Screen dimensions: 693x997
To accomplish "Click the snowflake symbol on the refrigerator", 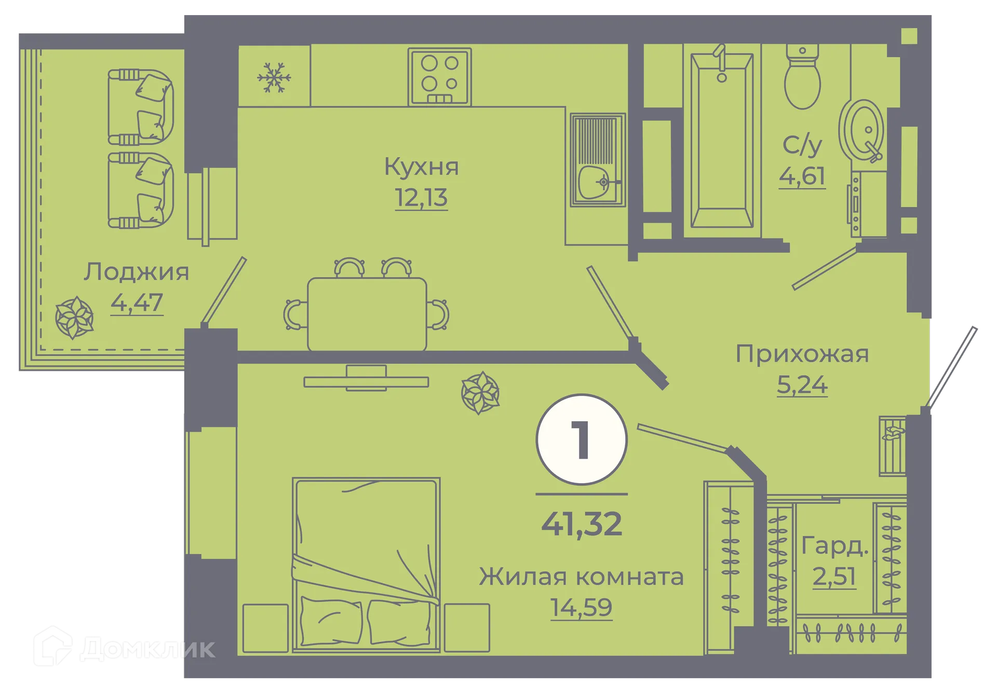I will tap(274, 78).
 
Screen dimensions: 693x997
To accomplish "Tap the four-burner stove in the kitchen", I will tap(439, 76).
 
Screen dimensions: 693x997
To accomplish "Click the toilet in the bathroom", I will tap(802, 78).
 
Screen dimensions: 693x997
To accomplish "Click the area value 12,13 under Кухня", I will tap(421, 198).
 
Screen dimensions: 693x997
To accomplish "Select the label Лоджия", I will tap(137, 272).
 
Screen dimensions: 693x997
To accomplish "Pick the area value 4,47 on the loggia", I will tap(137, 303).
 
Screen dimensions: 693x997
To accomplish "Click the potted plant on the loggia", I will tap(75, 317).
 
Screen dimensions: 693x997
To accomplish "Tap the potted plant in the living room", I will tap(480, 393).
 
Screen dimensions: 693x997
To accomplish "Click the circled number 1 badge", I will tap(582, 439).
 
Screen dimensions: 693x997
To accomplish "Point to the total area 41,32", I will tap(582, 524).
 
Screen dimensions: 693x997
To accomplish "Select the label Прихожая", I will tap(802, 354).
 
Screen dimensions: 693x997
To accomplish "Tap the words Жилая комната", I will tap(581, 577).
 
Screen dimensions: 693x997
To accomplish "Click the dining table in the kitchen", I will tap(367, 314).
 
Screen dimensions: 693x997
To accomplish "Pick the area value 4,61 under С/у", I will tap(802, 177).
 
